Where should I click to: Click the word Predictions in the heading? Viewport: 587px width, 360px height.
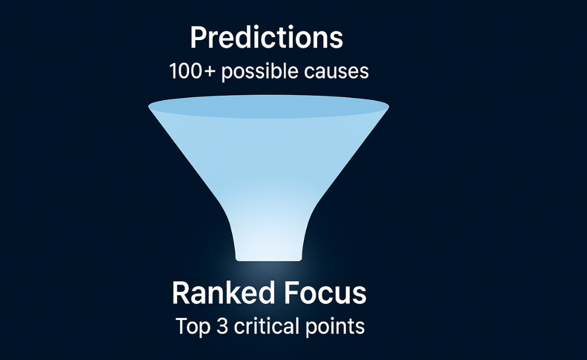[x=267, y=38]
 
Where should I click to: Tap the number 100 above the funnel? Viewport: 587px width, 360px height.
[x=187, y=71]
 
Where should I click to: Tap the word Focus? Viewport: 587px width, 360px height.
[x=325, y=294]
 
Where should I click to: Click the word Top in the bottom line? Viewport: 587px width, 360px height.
[x=193, y=327]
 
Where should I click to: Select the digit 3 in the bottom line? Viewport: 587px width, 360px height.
[x=222, y=326]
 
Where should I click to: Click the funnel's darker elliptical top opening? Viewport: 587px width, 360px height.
[x=268, y=106]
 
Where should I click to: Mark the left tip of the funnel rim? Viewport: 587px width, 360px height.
[x=149, y=107]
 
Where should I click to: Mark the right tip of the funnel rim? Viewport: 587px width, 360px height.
[x=389, y=107]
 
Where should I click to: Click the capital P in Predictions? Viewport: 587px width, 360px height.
[x=199, y=38]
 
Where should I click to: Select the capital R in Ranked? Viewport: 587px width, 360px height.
[x=181, y=293]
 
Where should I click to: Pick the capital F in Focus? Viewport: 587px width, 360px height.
[x=292, y=293]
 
